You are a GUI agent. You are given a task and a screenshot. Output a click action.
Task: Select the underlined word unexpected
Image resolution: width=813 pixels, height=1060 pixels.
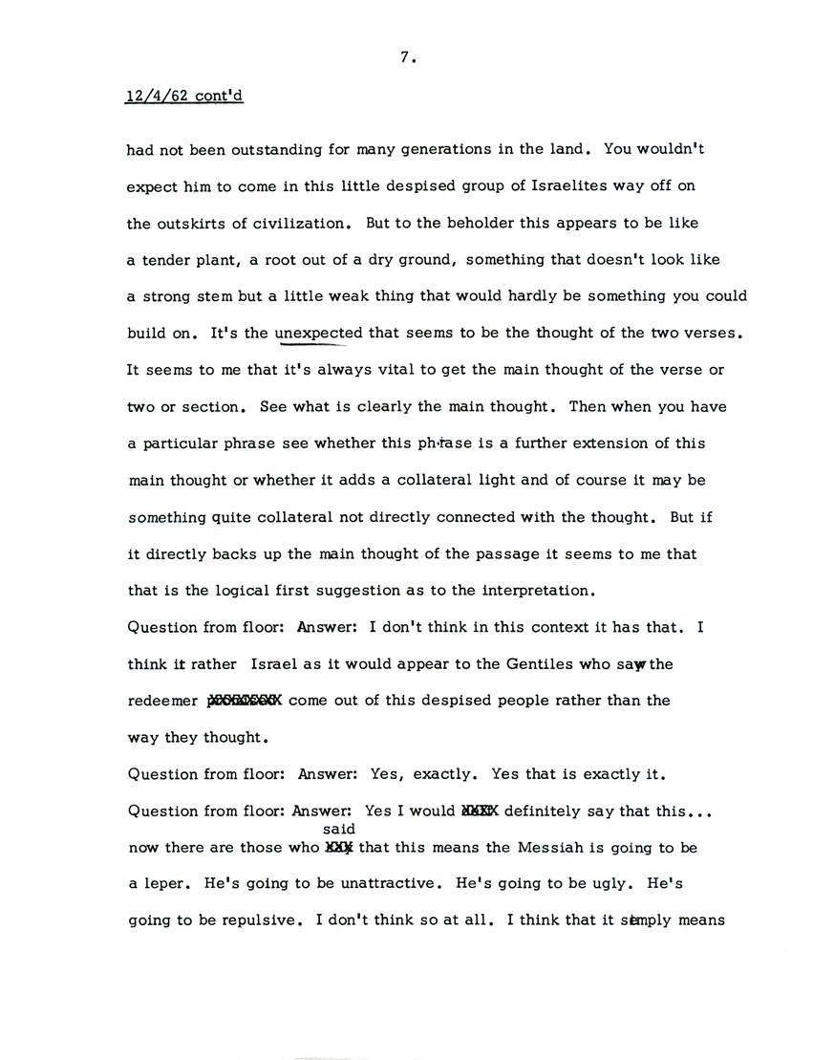318,334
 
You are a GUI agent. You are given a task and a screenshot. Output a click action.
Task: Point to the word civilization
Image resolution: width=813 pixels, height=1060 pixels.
275,224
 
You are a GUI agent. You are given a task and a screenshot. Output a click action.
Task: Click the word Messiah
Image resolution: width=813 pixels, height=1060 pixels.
514,847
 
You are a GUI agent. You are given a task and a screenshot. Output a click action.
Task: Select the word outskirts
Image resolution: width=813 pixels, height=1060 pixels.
190,224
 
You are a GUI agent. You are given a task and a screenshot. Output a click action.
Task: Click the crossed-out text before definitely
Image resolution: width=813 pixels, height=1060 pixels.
480,811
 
